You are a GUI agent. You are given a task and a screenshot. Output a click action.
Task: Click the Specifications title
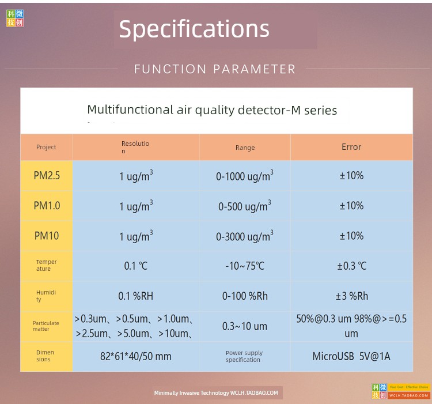point(194,29)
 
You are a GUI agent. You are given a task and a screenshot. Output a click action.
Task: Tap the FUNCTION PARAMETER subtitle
point(215,69)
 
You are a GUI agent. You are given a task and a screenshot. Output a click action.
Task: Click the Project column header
point(46,147)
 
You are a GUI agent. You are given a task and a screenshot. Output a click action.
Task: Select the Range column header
point(245,148)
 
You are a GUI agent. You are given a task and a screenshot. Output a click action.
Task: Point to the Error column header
point(351,147)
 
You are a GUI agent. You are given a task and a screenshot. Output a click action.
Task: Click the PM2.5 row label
point(47,176)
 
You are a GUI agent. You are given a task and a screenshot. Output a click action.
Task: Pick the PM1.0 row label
point(47,206)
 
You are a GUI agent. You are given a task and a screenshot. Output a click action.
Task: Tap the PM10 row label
point(47,236)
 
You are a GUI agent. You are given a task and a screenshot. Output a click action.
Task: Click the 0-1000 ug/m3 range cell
point(245,176)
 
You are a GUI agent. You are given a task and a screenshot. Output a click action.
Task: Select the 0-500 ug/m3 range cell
point(245,206)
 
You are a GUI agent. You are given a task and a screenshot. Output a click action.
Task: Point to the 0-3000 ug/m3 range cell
point(245,236)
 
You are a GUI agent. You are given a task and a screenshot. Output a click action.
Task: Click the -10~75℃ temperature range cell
point(245,266)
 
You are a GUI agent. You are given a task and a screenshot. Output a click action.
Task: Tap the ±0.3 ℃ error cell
point(352,266)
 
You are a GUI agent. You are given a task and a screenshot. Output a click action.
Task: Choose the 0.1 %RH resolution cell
point(135,296)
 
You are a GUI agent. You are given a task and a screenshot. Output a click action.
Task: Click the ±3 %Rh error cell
point(352,296)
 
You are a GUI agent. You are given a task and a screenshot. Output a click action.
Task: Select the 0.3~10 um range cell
point(245,326)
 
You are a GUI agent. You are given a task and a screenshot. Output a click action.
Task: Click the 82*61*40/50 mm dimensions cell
point(135,356)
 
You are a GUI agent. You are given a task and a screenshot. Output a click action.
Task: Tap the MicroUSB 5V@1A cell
point(351,356)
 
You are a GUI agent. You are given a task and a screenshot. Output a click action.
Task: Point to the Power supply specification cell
point(244,356)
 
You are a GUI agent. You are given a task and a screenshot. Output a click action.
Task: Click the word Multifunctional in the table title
point(130,110)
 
